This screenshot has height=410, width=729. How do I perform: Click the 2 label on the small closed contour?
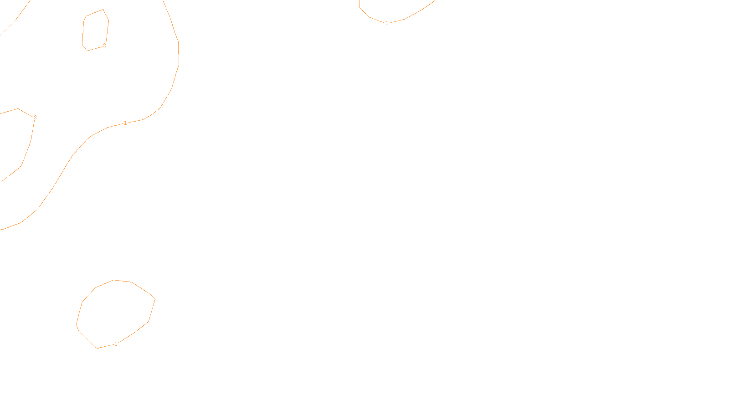click(104, 46)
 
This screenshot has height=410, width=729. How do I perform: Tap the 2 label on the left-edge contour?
click(35, 118)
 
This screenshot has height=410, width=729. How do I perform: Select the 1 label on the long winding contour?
click(125, 123)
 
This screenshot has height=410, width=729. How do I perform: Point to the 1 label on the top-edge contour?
click(387, 23)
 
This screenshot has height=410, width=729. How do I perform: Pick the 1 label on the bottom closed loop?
click(116, 344)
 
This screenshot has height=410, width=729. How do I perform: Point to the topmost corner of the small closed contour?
click(103, 10)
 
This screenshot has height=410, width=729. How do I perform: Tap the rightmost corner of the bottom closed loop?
click(155, 299)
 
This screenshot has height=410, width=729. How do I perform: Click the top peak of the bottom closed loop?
click(114, 280)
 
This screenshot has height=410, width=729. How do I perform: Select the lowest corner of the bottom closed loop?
click(98, 348)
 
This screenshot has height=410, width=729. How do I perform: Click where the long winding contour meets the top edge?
click(163, 0)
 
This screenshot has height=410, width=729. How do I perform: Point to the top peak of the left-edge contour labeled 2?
click(18, 108)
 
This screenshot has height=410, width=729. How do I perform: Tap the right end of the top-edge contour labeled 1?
click(434, 1)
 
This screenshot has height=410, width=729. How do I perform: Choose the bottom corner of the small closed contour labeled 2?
click(87, 51)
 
